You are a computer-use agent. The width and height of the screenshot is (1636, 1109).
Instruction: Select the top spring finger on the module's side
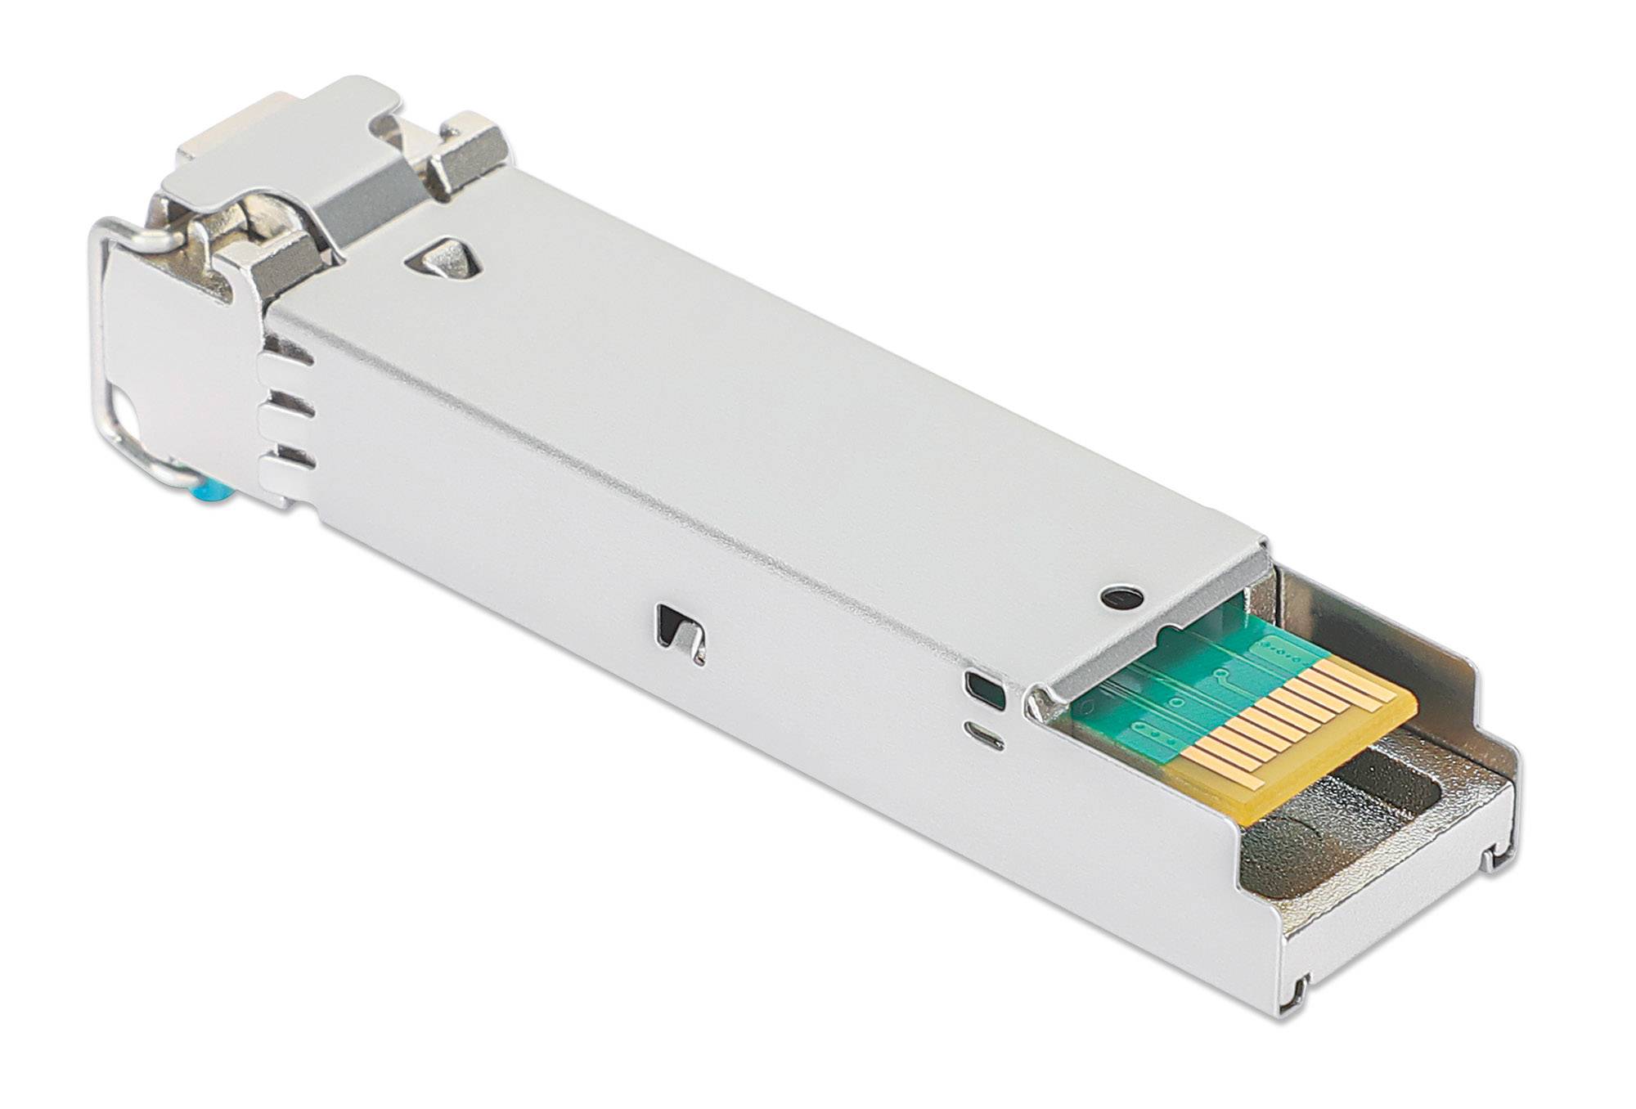point(286,356)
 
